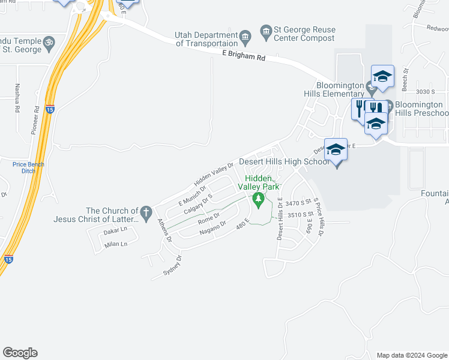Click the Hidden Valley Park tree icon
[258, 199]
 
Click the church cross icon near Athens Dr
[146, 212]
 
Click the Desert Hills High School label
[284, 161]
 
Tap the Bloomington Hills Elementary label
[341, 89]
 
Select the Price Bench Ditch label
[28, 167]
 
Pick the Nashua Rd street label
[17, 99]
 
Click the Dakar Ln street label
[116, 230]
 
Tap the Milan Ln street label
[116, 244]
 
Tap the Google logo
[20, 353]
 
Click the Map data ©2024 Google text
[411, 355]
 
